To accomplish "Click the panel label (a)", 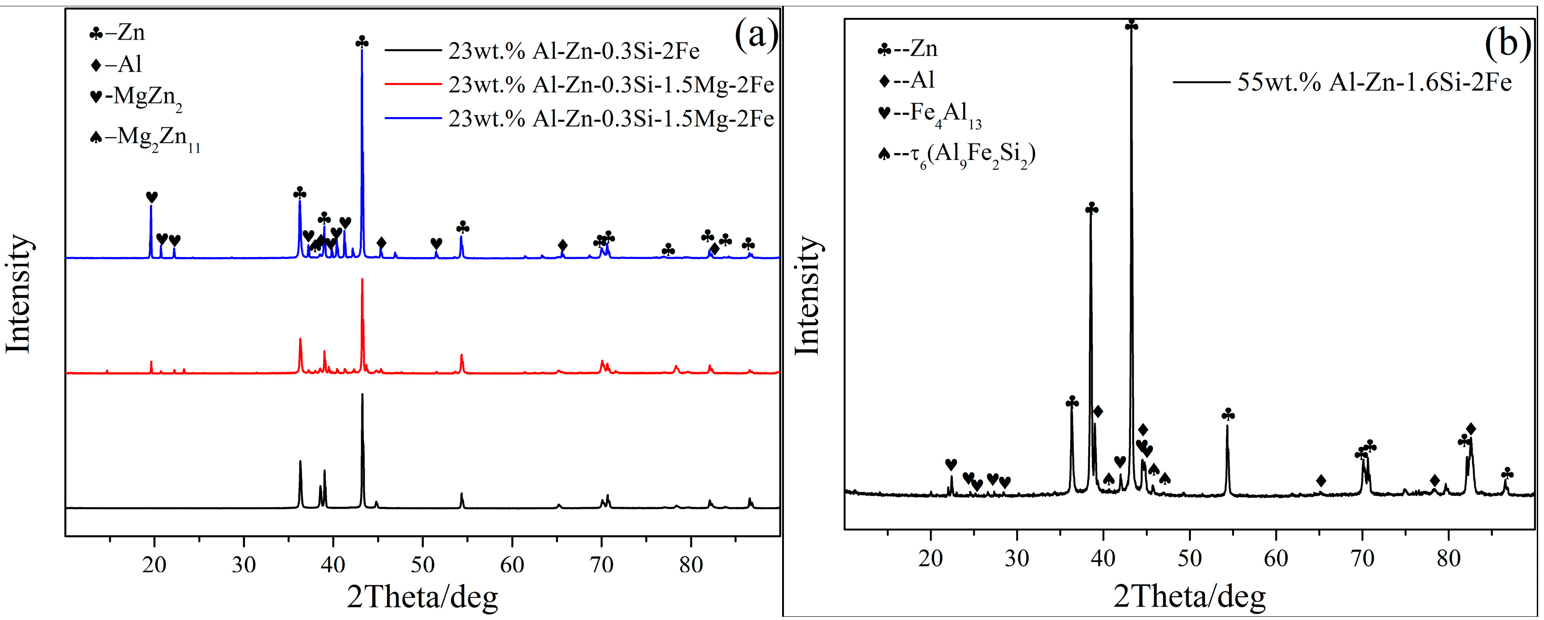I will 756,35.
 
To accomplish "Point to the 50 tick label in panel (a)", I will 423,564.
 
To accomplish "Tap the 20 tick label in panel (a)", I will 155,564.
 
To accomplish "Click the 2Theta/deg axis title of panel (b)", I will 1189,597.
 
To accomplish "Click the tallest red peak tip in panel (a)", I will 362,280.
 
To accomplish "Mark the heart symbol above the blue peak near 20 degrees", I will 152,197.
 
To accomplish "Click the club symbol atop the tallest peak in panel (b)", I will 1131,25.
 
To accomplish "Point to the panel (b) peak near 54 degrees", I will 1227,426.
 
